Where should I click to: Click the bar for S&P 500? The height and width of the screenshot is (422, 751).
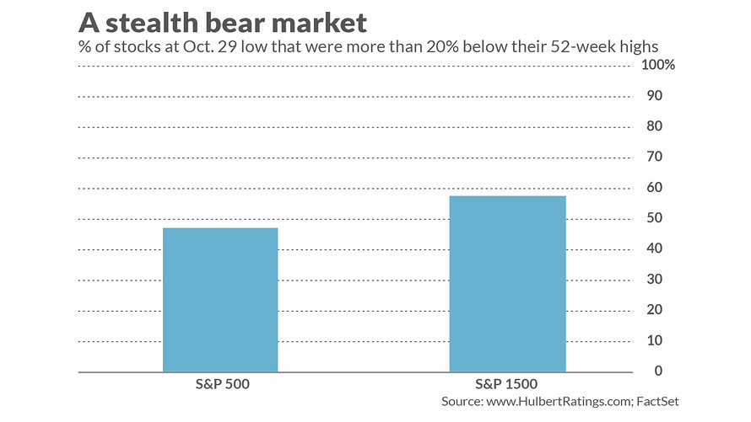coord(220,300)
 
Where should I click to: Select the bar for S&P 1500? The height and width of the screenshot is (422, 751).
coord(507,284)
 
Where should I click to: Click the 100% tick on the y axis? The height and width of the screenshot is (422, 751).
coord(657,66)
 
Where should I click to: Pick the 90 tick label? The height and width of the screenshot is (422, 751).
coord(653,96)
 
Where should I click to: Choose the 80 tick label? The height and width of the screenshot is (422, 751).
coord(653,126)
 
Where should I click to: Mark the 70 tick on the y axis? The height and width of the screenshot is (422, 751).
coord(653,158)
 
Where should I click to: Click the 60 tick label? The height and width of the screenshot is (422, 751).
coord(653,188)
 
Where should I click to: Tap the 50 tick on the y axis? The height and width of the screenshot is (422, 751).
coord(653,218)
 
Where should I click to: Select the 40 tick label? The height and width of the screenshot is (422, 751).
coord(653,249)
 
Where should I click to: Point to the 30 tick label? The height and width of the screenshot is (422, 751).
coord(653,280)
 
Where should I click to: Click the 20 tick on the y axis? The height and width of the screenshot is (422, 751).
coord(653,310)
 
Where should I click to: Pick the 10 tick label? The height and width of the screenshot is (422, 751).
coord(653,341)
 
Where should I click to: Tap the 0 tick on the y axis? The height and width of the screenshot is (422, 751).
coord(656,371)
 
